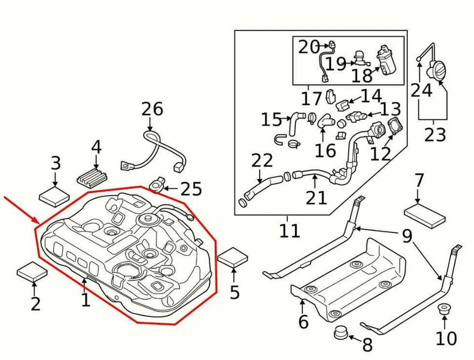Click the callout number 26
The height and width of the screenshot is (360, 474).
tap(152, 109)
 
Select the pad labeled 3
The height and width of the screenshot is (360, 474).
tap(54, 196)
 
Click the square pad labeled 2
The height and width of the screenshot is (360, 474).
tap(33, 272)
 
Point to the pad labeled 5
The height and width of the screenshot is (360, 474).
tap(233, 258)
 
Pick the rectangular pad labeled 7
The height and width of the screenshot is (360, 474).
tap(425, 216)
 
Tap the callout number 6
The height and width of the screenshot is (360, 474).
tap(303, 322)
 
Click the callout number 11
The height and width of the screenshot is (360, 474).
tap(289, 230)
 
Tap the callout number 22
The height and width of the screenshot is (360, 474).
tap(262, 160)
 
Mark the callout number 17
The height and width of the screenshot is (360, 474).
tap(312, 99)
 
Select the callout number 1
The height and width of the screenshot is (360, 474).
tap(85, 299)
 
